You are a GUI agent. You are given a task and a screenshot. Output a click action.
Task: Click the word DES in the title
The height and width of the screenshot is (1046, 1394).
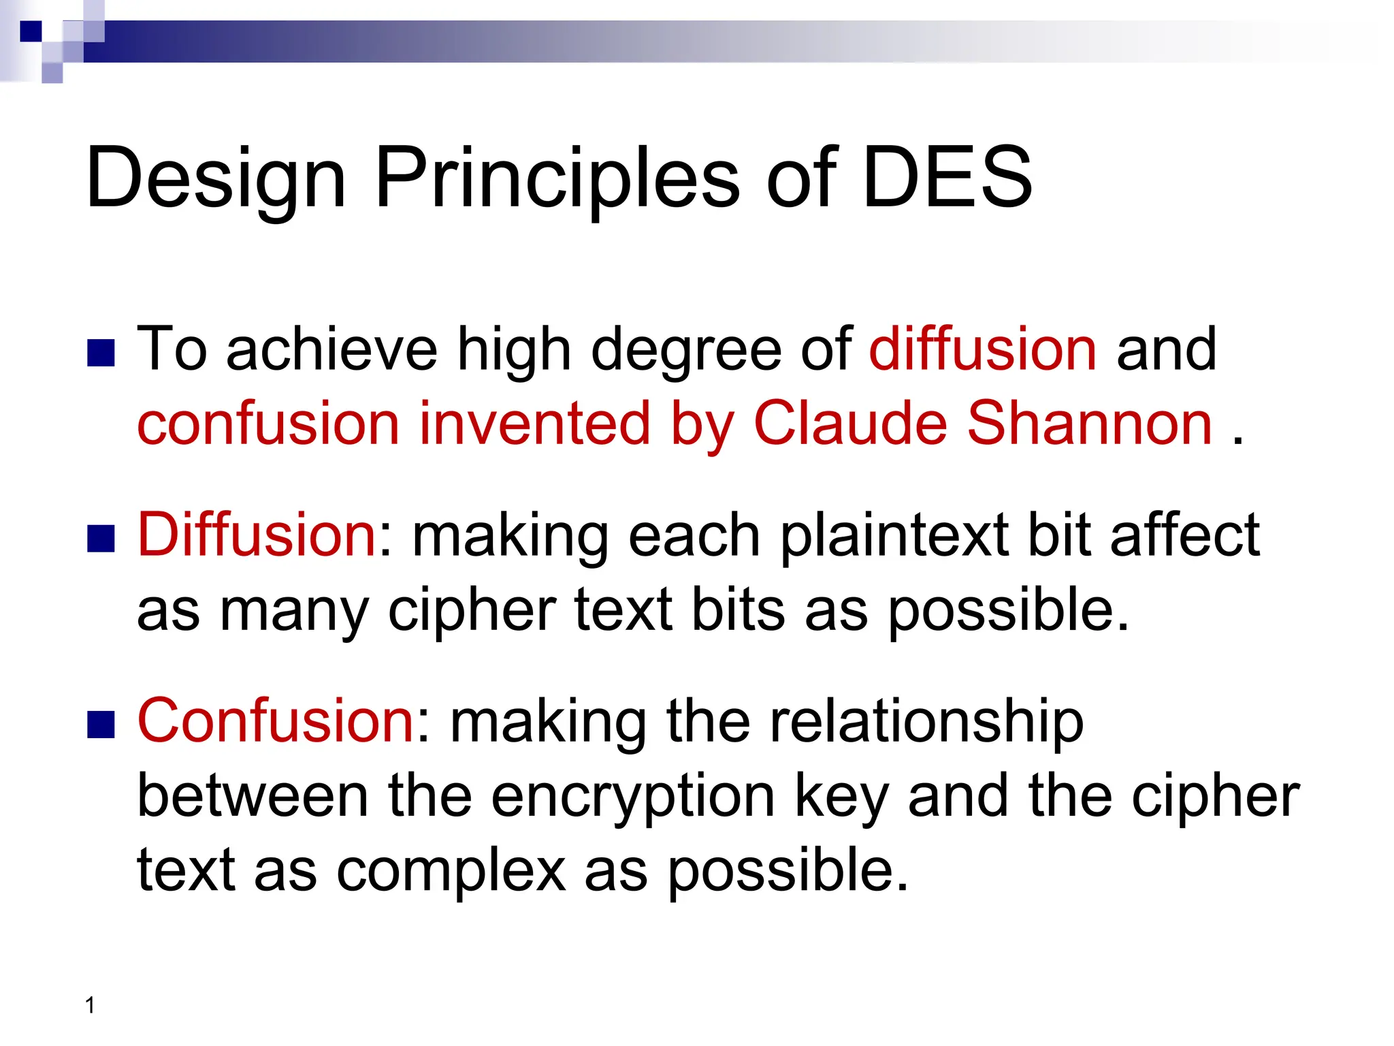tap(947, 178)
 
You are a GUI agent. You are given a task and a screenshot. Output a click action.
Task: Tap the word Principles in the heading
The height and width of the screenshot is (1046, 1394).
tap(557, 178)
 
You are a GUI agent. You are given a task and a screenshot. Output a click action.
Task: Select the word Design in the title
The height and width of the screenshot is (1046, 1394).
tap(216, 178)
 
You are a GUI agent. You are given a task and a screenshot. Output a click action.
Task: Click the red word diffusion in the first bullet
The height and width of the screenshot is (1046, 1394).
tap(982, 349)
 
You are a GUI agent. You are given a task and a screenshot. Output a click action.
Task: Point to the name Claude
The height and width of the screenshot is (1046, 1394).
tap(850, 424)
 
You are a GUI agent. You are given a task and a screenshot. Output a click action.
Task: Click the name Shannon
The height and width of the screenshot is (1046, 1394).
tap(1089, 424)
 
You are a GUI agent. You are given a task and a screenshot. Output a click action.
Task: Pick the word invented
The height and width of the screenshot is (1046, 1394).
tap(534, 424)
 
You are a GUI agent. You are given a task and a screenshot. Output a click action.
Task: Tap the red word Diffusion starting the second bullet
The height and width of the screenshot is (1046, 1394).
tap(257, 535)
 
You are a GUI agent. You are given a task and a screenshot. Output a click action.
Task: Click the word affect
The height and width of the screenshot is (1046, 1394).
tap(1184, 535)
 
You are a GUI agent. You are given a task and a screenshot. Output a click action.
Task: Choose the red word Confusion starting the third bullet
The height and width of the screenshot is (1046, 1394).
tap(276, 720)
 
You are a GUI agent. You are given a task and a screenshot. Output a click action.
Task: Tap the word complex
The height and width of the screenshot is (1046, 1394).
tap(451, 872)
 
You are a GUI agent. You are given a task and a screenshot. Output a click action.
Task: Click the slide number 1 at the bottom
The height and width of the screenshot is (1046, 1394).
tap(90, 1005)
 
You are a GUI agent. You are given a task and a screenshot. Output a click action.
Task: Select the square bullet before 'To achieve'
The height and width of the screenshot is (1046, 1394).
tap(101, 353)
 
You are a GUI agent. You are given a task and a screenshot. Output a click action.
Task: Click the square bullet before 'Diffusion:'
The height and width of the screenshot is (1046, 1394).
tap(101, 539)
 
